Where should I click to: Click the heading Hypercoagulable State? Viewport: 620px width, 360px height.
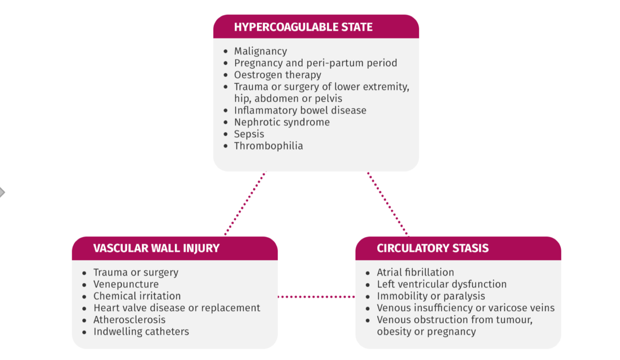pos(303,27)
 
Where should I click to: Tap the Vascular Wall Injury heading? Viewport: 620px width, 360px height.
pos(156,248)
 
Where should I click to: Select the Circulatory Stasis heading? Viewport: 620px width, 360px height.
pos(433,248)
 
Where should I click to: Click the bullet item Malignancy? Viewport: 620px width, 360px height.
pos(260,51)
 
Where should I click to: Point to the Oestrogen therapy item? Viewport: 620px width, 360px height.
pos(277,75)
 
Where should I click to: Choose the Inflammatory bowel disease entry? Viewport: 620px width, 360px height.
pos(300,110)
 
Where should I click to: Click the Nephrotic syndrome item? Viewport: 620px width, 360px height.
pos(282,122)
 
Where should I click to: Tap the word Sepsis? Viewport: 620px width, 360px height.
pos(249,134)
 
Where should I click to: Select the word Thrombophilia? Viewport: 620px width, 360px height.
pos(268,146)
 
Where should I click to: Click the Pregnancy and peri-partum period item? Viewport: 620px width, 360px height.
pos(316,63)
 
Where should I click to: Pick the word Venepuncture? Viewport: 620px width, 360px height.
pos(126,284)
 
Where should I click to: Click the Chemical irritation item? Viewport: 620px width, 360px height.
pos(137,296)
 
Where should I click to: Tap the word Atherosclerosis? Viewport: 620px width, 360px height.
pos(129,320)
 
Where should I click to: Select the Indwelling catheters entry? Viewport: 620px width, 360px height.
pos(141,332)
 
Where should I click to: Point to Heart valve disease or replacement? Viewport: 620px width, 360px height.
pos(177,308)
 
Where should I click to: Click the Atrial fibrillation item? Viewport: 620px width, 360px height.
pos(416,272)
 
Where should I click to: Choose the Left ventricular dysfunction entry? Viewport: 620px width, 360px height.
pos(442,284)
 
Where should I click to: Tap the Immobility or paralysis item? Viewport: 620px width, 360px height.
pos(431,296)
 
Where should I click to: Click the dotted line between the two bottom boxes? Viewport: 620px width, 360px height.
pos(316,296)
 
